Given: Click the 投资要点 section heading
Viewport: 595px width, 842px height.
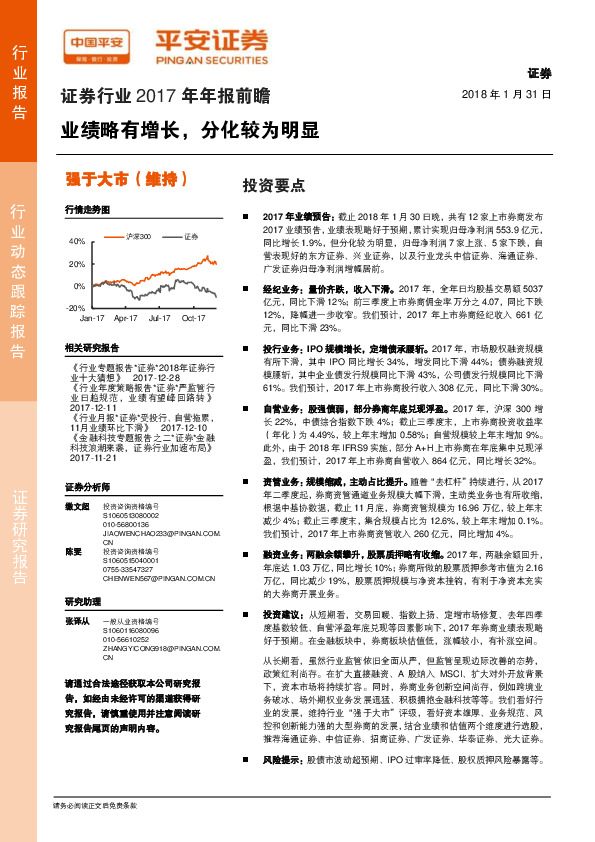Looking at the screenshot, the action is (x=266, y=185).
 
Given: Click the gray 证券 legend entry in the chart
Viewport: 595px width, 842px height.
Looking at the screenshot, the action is (x=191, y=237).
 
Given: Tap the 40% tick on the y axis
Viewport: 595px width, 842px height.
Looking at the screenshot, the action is (x=77, y=242).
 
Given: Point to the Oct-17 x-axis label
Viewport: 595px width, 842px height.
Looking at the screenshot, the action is (x=193, y=317).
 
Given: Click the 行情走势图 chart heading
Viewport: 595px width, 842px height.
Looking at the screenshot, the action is (x=85, y=211).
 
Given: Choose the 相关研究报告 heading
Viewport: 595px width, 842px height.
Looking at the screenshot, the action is (x=91, y=348).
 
